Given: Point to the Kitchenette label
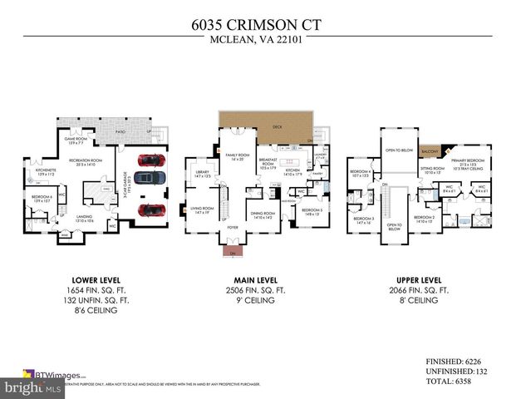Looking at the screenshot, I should (44, 173).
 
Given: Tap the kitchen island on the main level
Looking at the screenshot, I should (292, 161).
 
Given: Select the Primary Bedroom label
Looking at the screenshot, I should (469, 161).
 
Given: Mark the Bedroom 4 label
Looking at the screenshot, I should (361, 174).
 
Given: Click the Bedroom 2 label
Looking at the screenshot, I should (425, 220).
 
